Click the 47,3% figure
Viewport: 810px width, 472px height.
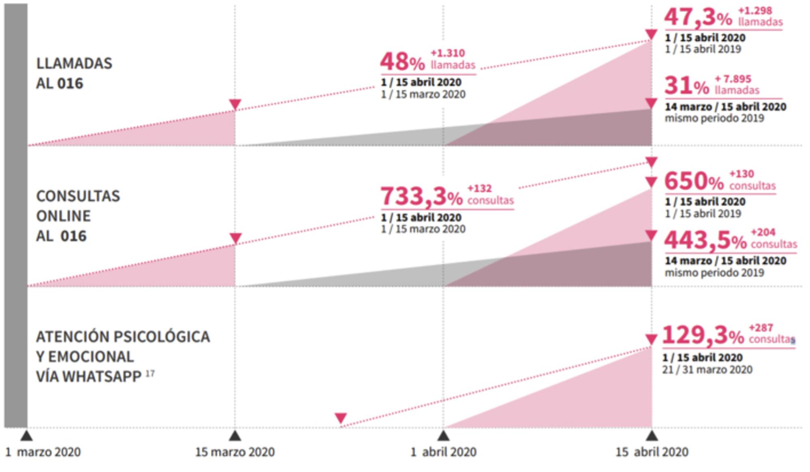tap(698, 18)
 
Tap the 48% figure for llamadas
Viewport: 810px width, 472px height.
tap(402, 62)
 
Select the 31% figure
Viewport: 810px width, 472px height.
tap(687, 86)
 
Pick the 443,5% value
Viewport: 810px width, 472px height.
tap(705, 241)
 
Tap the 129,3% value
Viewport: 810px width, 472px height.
tap(703, 336)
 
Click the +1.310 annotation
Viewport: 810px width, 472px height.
tap(448, 53)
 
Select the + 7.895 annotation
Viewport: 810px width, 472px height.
tap(733, 79)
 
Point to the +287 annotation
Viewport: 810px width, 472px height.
tap(761, 327)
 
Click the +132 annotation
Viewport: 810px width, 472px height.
tap(480, 188)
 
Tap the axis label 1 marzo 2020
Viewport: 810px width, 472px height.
tap(43, 452)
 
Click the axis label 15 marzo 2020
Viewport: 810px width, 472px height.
tap(235, 452)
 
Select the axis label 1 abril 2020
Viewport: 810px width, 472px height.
tap(443, 452)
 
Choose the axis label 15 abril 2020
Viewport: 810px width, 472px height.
tap(652, 452)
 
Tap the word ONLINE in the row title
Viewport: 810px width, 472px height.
tap(63, 216)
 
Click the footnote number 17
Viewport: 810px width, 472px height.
tap(150, 373)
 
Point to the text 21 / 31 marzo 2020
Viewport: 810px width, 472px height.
tap(707, 369)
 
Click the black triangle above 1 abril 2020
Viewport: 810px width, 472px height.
tap(443, 436)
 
